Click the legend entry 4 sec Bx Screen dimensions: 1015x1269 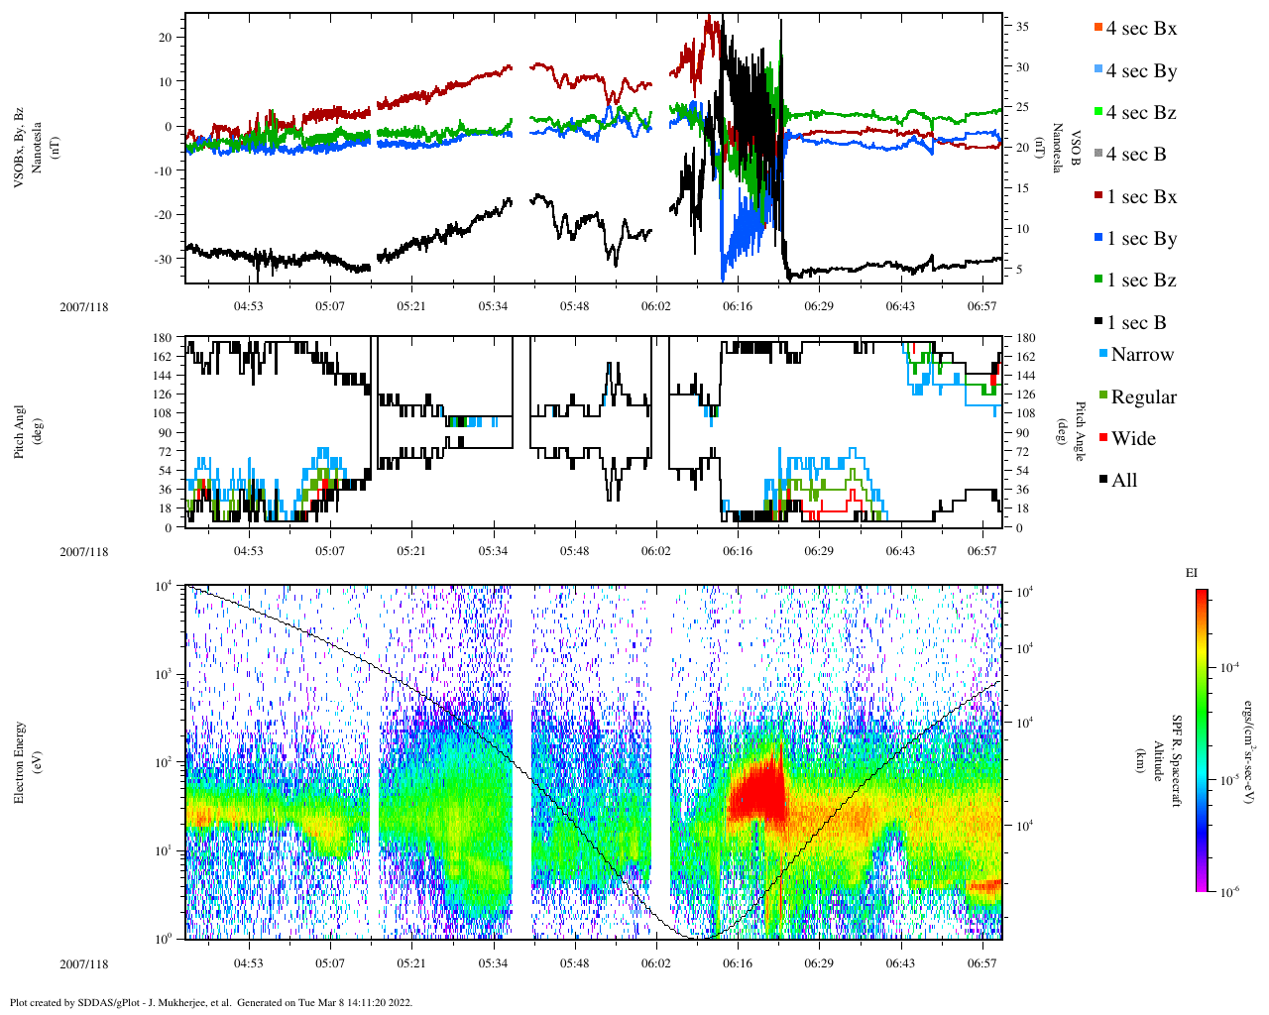tap(1140, 29)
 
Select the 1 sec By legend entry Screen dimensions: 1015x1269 tap(1140, 239)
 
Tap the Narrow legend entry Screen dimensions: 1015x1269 tap(1140, 355)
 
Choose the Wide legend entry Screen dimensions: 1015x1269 tap(1132, 439)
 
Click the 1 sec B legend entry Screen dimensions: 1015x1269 tap(1135, 323)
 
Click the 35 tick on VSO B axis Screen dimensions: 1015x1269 tap(1022, 27)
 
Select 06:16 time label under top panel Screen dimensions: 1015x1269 tap(737, 306)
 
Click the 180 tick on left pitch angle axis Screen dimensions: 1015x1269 tap(162, 338)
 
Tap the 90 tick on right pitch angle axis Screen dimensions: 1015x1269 tap(1026, 432)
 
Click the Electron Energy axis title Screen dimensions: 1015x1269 tap(20, 762)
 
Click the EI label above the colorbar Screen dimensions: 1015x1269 tap(1192, 573)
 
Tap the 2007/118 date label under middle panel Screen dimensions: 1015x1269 tap(84, 552)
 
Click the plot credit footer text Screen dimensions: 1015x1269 tap(210, 1002)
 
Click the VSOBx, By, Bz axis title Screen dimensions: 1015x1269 tap(20, 149)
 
